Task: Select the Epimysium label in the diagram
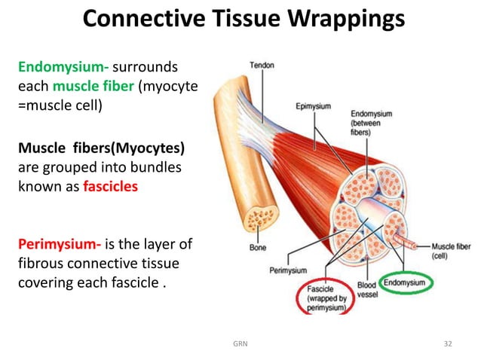pos(312,106)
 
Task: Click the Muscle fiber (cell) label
pos(452,251)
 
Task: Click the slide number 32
pos(448,343)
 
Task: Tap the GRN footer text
pos(240,343)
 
